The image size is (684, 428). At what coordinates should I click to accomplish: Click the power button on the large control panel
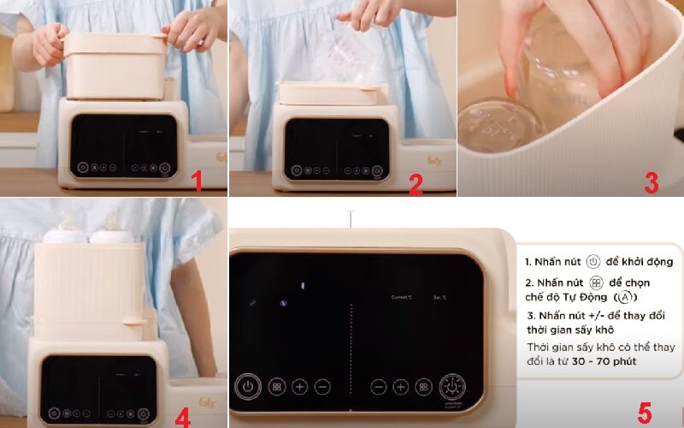pos(247,386)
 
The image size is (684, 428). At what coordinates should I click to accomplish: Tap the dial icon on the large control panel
pos(453,387)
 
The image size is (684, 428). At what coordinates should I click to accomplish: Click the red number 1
pos(197,181)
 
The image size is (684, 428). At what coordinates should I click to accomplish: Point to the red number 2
pos(416,182)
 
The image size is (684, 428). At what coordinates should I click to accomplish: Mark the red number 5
pos(644,412)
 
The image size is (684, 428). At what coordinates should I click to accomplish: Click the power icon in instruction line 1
pos(593,261)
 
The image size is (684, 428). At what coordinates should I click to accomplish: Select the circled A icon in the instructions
pos(626,296)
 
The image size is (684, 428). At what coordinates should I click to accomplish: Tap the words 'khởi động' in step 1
pos(644,261)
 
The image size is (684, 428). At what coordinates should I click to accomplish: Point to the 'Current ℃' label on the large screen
pos(401,297)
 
